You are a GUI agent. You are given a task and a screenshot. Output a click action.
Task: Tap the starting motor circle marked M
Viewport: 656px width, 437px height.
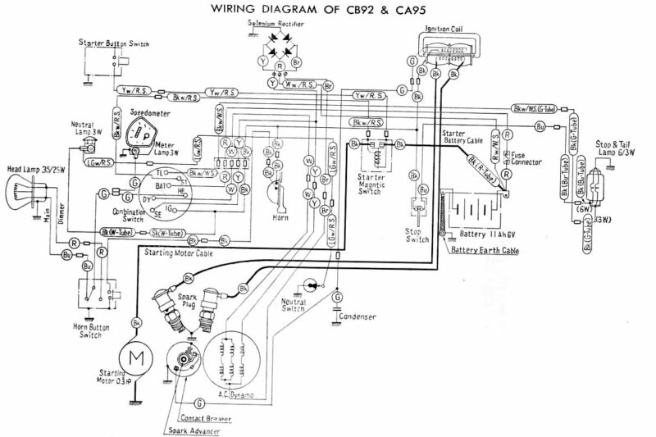click(x=132, y=359)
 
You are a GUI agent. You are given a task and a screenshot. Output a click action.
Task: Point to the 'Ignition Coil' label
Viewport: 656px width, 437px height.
click(x=440, y=30)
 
